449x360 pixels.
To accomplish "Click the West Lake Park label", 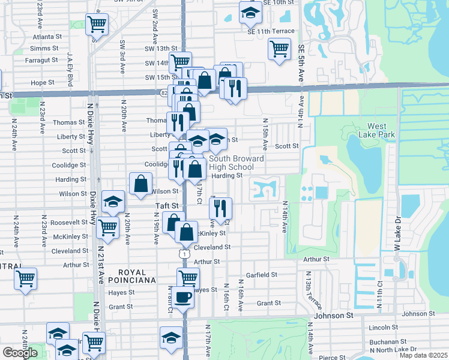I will (381, 130).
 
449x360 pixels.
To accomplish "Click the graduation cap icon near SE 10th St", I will (250, 11).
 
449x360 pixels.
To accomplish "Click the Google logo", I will (20, 353).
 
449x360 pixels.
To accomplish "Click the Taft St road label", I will (168, 206).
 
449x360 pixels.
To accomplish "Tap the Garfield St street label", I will (261, 275).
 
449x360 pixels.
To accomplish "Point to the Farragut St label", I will (41, 60).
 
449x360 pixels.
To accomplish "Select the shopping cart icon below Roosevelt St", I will (107, 227).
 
